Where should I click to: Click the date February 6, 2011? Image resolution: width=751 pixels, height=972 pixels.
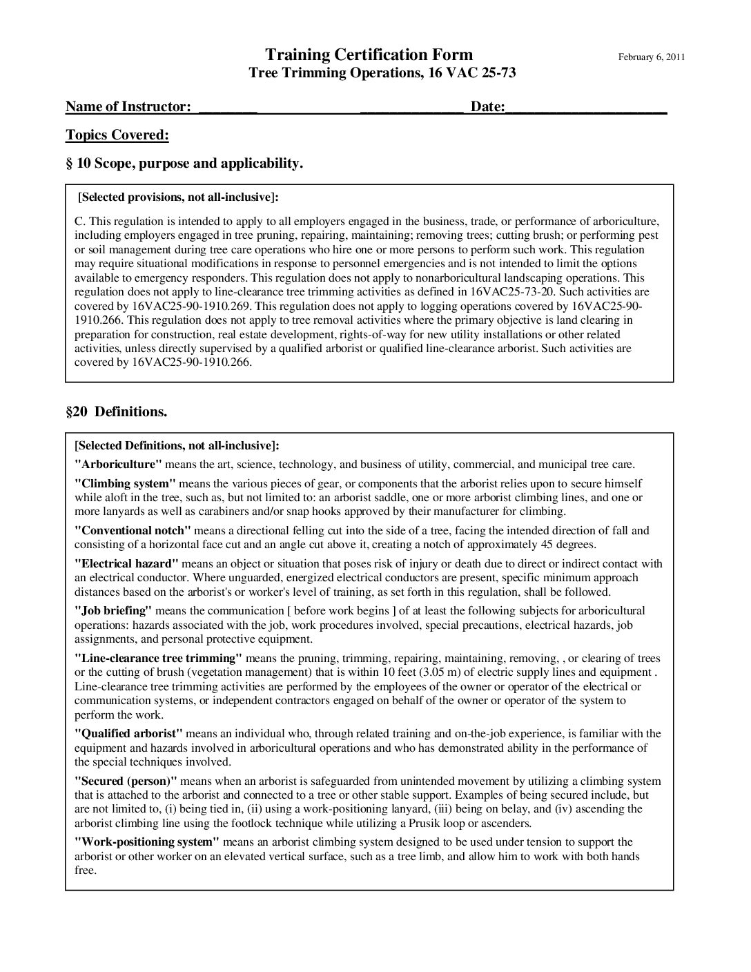pos(651,57)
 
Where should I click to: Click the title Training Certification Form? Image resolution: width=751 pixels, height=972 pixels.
pos(369,55)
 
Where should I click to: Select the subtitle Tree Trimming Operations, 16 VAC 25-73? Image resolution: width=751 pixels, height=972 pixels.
pos(382,73)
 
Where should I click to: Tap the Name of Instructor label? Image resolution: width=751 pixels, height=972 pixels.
pos(128,106)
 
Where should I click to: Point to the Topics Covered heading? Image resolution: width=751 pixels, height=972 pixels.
pos(117,135)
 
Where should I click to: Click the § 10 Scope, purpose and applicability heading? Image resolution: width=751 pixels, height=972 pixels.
pos(184,164)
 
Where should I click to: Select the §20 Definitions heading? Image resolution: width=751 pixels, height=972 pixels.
pos(117,412)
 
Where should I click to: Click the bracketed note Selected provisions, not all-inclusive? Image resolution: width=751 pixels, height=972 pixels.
pos(179,197)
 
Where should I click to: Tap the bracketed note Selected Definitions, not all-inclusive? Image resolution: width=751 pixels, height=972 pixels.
pos(177,445)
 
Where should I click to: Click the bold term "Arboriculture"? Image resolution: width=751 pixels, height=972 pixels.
pos(118,464)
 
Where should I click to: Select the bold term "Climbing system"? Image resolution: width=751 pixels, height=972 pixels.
pos(125,483)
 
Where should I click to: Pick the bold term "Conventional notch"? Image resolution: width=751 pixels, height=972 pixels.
pos(133,530)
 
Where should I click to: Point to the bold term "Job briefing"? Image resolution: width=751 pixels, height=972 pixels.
pos(113,610)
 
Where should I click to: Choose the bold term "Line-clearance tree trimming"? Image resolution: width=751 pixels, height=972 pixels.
pos(158,658)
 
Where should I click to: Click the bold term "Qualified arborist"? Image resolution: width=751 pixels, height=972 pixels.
pos(128,733)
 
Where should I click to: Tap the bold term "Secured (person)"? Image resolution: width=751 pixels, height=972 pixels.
pos(126,781)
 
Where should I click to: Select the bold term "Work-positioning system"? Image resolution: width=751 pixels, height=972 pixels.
pos(147,842)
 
